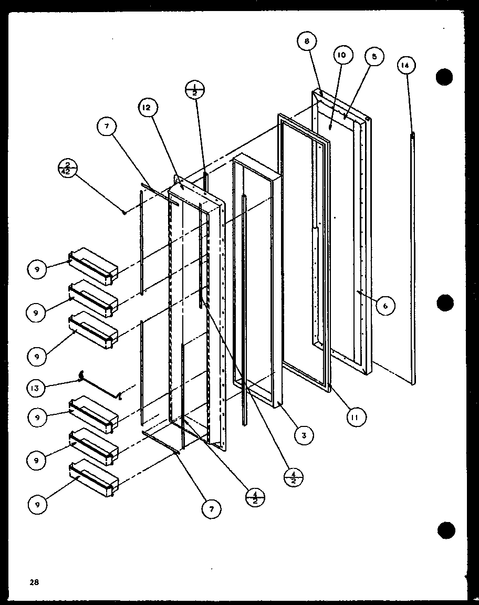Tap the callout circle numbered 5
click(374, 57)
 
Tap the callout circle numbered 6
click(385, 306)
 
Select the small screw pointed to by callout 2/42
click(123, 212)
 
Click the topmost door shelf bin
click(93, 265)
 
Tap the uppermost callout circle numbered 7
click(107, 126)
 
